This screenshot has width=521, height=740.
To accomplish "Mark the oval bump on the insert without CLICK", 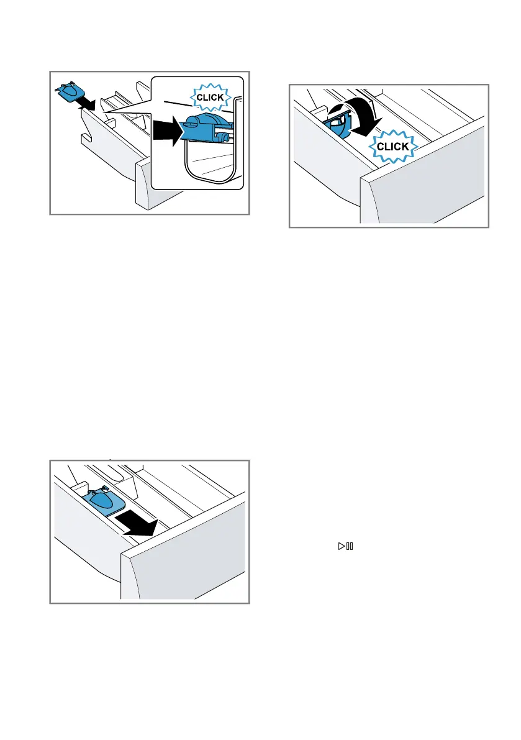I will coord(102,498).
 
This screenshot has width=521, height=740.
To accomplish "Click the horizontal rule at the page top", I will coord(260,21).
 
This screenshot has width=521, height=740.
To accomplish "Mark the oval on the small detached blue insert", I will coord(70,91).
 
